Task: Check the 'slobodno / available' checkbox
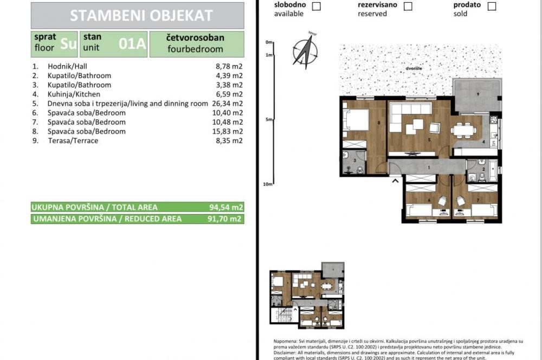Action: tap(316, 7)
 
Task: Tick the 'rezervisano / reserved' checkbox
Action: tap(408, 7)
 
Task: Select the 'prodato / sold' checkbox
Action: tap(492, 7)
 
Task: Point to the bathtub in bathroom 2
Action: tap(492, 169)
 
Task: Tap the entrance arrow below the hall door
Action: tap(396, 181)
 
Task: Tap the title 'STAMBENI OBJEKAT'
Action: tap(141, 15)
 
